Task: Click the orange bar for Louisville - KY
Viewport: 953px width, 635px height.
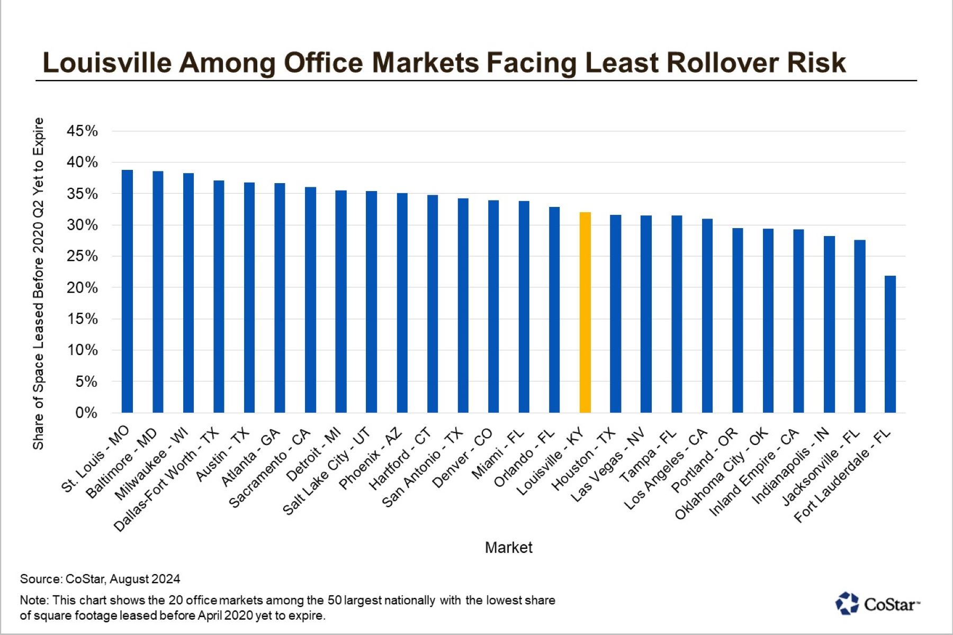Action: (585, 312)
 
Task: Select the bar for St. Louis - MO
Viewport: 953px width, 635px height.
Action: (127, 291)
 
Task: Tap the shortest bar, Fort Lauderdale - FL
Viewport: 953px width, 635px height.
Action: (890, 344)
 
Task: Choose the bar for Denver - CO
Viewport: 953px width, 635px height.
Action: (493, 306)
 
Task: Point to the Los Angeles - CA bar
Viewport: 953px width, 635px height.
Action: (707, 315)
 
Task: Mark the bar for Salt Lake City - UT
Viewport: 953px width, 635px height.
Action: (371, 302)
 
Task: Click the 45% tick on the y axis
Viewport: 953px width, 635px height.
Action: (82, 131)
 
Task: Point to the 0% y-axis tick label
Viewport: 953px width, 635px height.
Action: (86, 413)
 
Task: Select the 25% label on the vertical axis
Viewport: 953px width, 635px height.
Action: (82, 256)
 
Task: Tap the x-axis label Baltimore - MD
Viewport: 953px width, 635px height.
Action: (122, 464)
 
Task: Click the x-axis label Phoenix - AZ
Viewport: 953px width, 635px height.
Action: (371, 458)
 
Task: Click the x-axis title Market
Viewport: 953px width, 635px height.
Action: (508, 547)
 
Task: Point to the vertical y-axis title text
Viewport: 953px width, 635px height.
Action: (38, 283)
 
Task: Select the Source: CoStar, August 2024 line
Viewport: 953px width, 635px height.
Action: (100, 579)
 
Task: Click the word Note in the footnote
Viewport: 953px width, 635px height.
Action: (33, 600)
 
